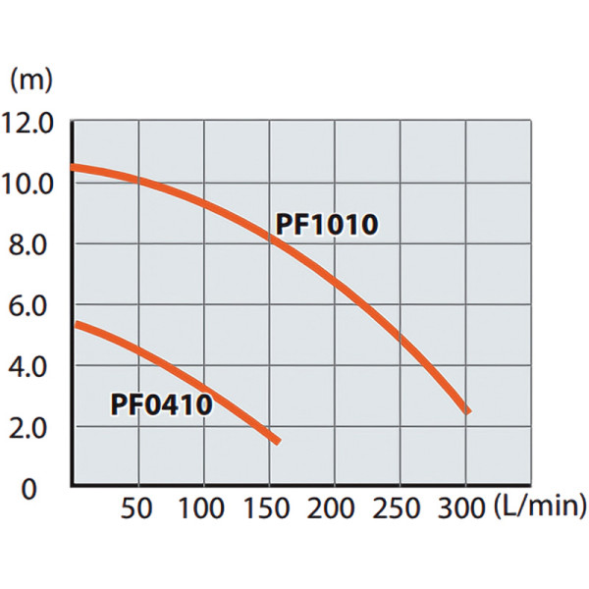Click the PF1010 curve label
pyautogui.click(x=327, y=224)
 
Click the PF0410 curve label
pyautogui.click(x=162, y=404)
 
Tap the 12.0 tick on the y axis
pyautogui.click(x=27, y=124)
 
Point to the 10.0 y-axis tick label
pyautogui.click(x=27, y=185)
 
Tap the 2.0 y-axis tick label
pyautogui.click(x=27, y=428)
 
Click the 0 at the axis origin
pyautogui.click(x=28, y=489)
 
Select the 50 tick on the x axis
pyautogui.click(x=136, y=509)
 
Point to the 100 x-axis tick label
pyautogui.click(x=201, y=509)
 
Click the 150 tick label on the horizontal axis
pyautogui.click(x=266, y=509)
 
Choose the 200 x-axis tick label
pyautogui.click(x=331, y=509)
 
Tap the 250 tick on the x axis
pyautogui.click(x=396, y=509)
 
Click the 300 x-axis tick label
pyautogui.click(x=461, y=509)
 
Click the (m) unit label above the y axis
pyautogui.click(x=30, y=80)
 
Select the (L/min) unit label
pyautogui.click(x=540, y=507)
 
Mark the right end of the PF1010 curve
pyautogui.click(x=468, y=411)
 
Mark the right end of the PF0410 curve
pyautogui.click(x=278, y=442)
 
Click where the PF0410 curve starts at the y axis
pyautogui.click(x=76, y=325)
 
